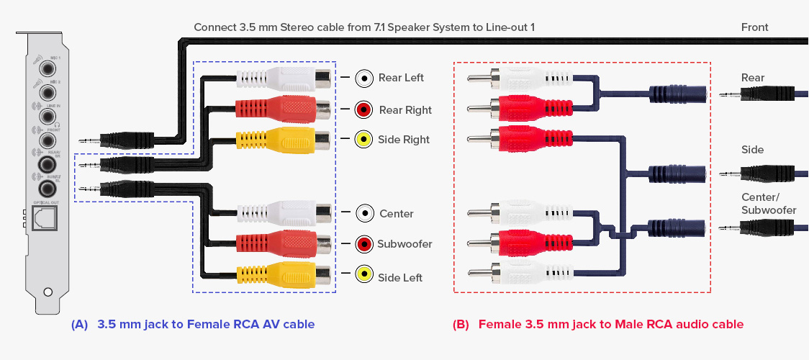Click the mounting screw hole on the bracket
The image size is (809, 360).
point(48,292)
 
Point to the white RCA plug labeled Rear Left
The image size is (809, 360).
point(284,78)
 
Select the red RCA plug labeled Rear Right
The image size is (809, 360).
point(284,109)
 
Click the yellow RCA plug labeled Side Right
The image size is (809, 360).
point(284,139)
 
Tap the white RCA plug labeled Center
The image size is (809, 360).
point(284,213)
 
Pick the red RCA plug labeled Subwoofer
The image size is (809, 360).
point(284,243)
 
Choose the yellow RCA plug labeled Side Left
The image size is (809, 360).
point(284,274)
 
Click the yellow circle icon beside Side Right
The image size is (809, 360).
point(365,140)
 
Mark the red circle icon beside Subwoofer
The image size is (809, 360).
point(365,244)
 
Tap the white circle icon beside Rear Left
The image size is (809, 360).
point(365,78)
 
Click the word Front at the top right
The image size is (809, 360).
point(754,27)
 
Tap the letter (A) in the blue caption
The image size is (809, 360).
point(79,325)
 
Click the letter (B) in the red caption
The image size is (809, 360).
point(461,325)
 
